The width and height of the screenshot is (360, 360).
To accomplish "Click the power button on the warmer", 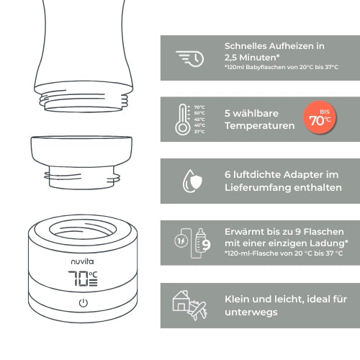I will [x=83, y=302].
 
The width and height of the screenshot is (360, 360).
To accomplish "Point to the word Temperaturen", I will [x=259, y=125].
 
